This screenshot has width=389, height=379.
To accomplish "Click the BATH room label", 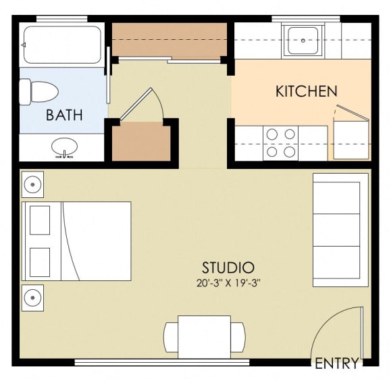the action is coord(64,115).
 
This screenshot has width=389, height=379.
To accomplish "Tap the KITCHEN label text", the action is coord(307,91).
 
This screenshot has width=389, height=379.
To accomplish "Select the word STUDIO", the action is coord(228,268).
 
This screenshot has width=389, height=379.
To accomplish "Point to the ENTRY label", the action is coord(337,363).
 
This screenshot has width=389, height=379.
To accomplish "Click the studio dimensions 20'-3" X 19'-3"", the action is coord(228,283).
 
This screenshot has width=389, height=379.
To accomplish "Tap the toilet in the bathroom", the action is coord(38,92).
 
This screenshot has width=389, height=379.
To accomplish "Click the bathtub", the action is coord(63,45).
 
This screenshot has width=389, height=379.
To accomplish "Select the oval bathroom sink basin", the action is coord(65,147).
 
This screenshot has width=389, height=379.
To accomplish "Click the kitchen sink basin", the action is coord(303,41).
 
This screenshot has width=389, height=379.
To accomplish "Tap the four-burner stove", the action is coord(280,143).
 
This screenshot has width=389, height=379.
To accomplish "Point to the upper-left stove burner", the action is coord(272,134).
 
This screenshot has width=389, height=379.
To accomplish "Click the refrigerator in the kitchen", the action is coord(351,139).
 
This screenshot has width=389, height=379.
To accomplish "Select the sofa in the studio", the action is coord(340,230).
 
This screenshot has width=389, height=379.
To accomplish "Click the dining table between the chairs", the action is coord(205,337).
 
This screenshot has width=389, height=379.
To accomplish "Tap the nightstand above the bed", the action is coord(32,184).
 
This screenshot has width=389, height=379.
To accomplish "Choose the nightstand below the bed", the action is coord(32,298).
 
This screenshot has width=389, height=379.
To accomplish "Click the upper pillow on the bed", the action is coord(40,220).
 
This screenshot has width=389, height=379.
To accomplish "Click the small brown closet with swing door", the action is coord(141,141).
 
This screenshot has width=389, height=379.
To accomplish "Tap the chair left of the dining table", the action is coord(171,337).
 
